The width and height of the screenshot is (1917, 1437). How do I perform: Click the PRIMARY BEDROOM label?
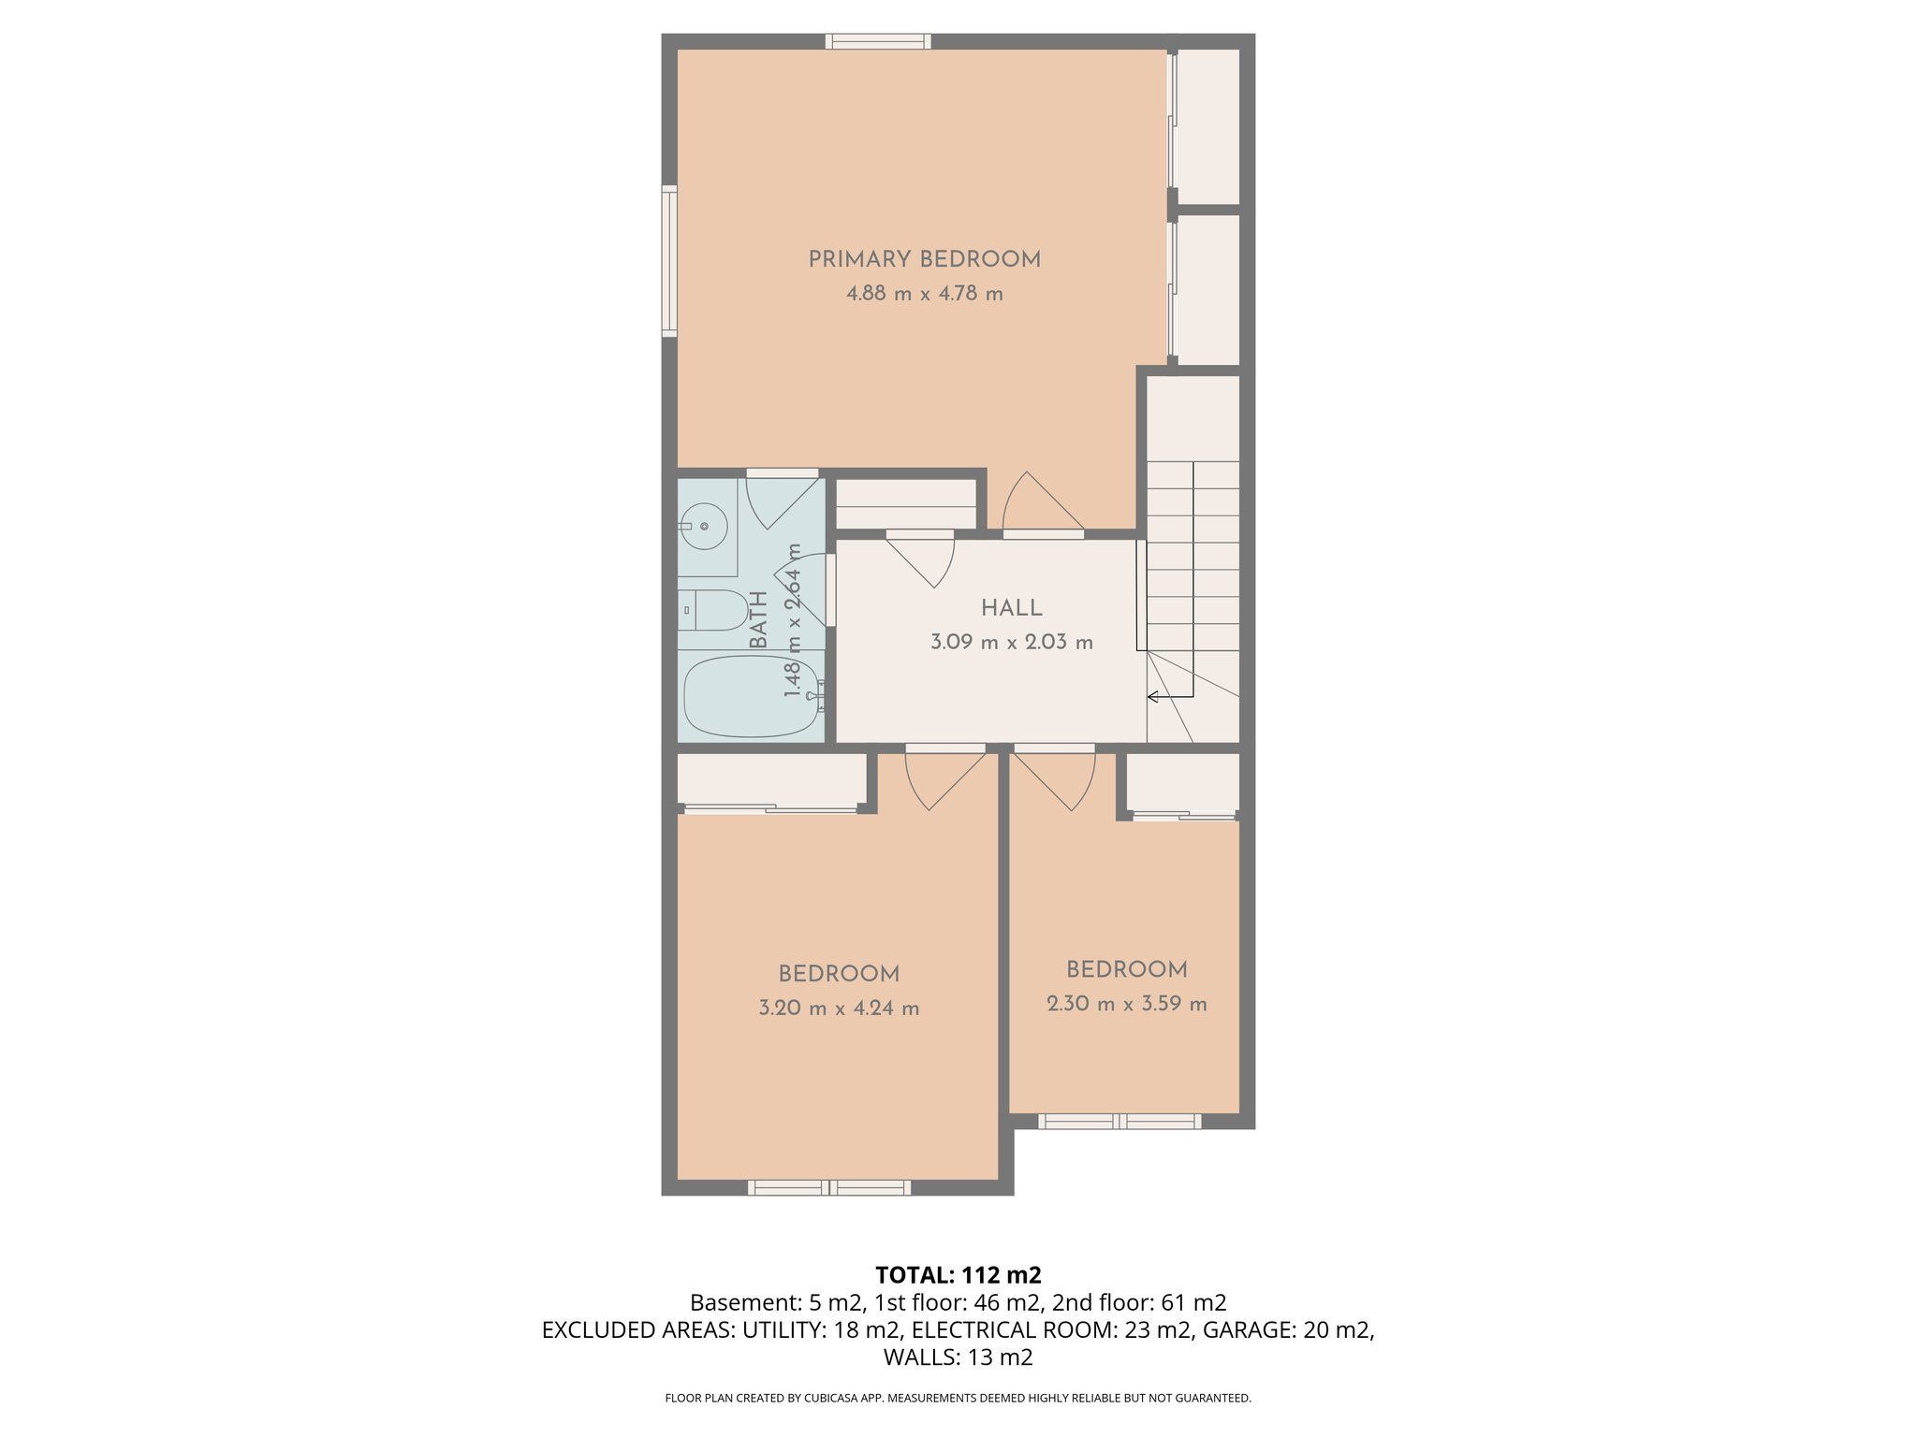[924, 259]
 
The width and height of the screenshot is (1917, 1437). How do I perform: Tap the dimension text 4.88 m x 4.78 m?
[924, 294]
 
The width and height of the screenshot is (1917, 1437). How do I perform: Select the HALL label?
[1011, 608]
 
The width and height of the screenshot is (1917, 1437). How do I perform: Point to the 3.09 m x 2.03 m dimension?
[1011, 643]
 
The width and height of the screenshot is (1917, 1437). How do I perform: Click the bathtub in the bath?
[752, 696]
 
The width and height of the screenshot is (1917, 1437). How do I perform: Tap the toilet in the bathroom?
[713, 610]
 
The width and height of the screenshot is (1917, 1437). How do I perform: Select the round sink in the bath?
[704, 527]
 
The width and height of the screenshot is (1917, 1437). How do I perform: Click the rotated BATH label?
[759, 619]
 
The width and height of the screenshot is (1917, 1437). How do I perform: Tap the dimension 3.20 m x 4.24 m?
[839, 1009]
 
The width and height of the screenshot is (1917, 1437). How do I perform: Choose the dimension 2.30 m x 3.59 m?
[1126, 1004]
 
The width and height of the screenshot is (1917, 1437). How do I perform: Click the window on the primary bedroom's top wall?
[878, 41]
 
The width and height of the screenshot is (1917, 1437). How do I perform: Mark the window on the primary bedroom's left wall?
[669, 260]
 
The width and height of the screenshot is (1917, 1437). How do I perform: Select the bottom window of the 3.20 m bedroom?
[828, 1188]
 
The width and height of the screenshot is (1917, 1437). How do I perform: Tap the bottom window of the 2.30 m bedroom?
[1119, 1121]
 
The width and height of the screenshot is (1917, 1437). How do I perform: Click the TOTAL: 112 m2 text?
[958, 1274]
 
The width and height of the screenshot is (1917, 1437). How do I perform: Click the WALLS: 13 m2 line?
[958, 1357]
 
